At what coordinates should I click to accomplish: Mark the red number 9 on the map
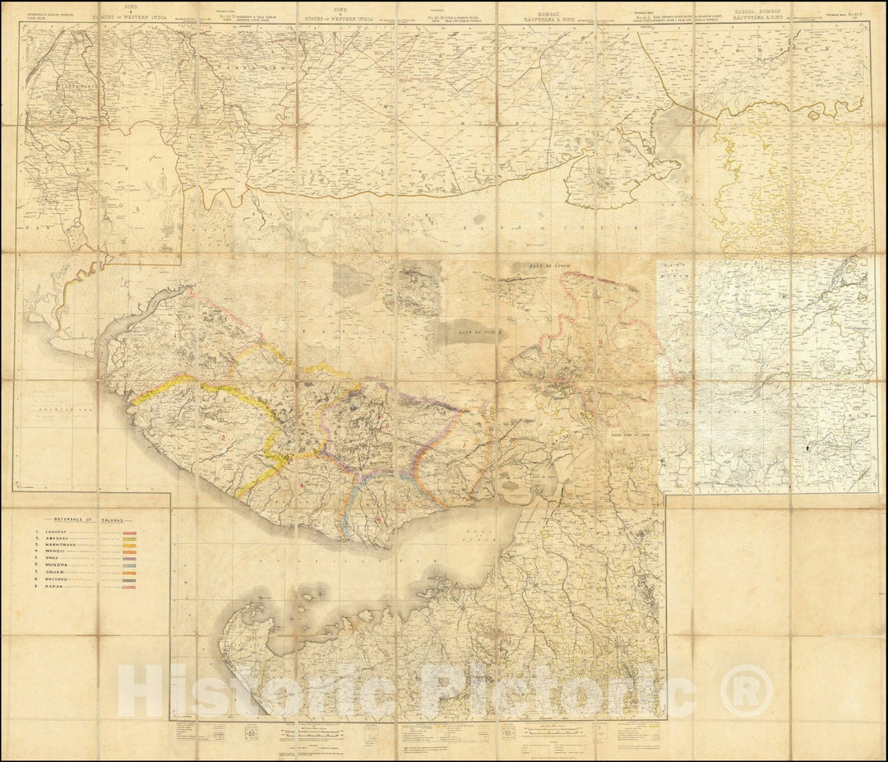click(601, 342)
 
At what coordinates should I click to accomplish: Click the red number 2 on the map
click(223, 437)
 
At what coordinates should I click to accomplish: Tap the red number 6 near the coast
click(378, 519)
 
